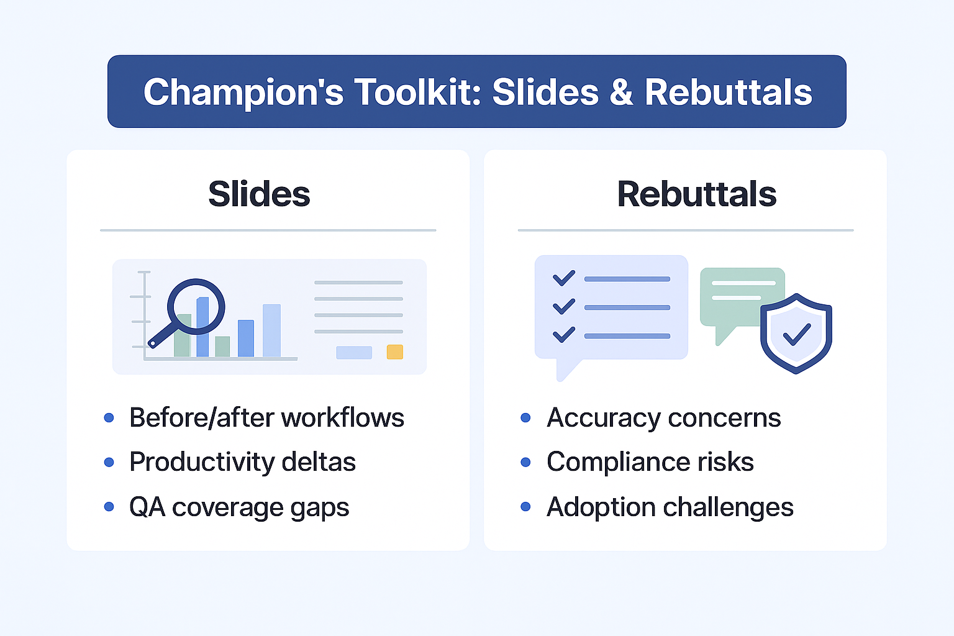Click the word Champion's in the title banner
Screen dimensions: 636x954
tap(243, 92)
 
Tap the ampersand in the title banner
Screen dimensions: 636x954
tap(620, 92)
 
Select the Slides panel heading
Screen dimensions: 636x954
tap(259, 194)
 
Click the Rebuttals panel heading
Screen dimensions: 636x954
tap(696, 194)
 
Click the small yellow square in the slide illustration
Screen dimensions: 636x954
tap(395, 352)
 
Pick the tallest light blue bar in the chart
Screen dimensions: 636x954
tap(271, 330)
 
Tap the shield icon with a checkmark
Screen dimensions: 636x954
tap(796, 334)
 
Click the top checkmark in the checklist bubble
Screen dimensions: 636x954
tap(564, 278)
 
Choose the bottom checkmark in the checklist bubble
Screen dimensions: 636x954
tap(564, 335)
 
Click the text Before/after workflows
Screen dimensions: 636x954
tap(266, 417)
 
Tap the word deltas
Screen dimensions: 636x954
tap(319, 462)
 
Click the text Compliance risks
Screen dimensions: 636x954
tap(650, 462)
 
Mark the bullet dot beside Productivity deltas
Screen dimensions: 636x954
tap(109, 462)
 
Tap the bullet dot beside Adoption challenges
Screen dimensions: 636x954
tap(526, 507)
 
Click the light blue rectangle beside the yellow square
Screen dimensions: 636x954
tap(354, 352)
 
